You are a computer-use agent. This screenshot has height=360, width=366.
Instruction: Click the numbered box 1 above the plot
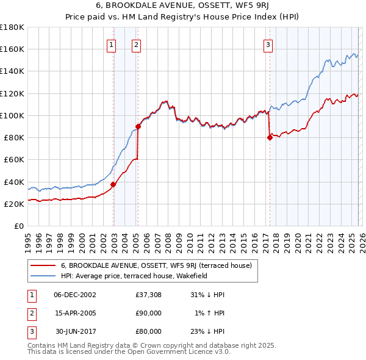[x=112, y=44]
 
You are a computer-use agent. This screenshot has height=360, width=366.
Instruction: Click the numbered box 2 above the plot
[x=136, y=44]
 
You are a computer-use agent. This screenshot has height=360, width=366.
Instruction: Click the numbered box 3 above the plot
[x=268, y=44]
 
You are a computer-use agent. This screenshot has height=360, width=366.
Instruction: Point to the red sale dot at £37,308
[x=113, y=184]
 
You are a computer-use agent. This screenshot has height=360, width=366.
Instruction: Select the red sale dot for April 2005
[x=138, y=126]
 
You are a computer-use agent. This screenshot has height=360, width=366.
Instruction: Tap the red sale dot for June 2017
[x=270, y=137]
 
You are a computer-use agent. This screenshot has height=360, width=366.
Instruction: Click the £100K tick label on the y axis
[x=12, y=115]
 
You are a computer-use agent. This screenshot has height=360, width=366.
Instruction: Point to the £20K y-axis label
[x=15, y=204]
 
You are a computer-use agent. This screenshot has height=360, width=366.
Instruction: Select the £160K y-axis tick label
[x=12, y=49]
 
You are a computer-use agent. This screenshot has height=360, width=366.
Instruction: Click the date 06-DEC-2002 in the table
[x=75, y=295]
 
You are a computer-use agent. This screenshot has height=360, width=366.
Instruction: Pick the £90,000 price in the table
[x=148, y=313]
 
